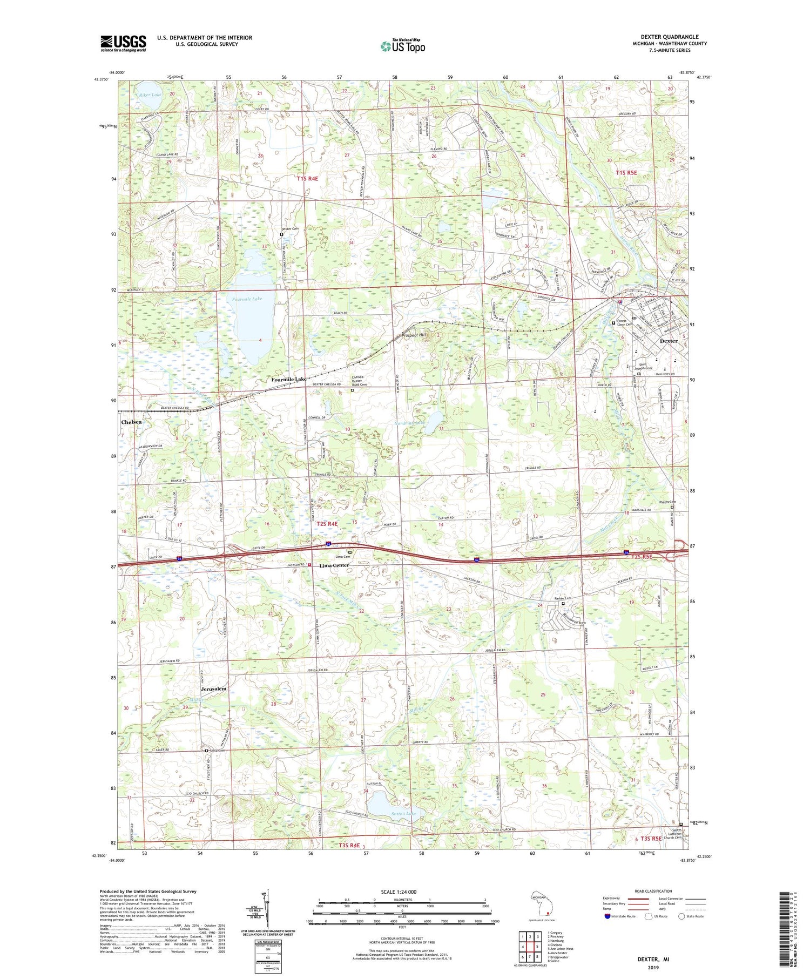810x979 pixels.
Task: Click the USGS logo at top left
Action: (123, 43)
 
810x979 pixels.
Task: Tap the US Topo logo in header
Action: (402, 46)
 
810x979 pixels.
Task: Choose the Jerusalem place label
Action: (213, 689)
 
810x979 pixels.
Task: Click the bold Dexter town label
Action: (669, 341)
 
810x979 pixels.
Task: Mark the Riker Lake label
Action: (150, 94)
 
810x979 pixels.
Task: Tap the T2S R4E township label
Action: (327, 523)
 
